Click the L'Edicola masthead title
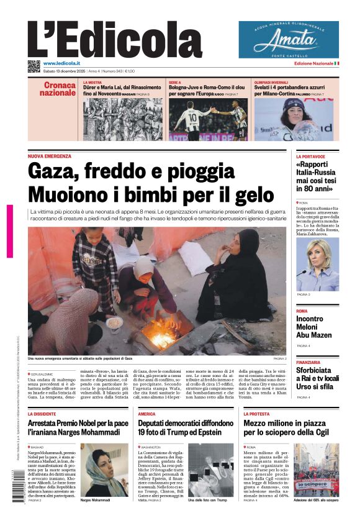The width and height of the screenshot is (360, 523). tap(115, 39)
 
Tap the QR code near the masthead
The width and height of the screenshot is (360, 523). tap(34, 66)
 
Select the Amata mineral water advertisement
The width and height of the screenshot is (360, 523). tap(289, 39)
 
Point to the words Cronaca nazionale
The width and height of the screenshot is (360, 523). tap(60, 89)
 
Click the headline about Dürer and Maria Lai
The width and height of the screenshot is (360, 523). tap(122, 90)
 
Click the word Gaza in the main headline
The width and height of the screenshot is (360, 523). tap(55, 171)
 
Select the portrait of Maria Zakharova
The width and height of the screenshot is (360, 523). tap(317, 264)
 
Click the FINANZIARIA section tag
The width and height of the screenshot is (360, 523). tap(308, 362)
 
